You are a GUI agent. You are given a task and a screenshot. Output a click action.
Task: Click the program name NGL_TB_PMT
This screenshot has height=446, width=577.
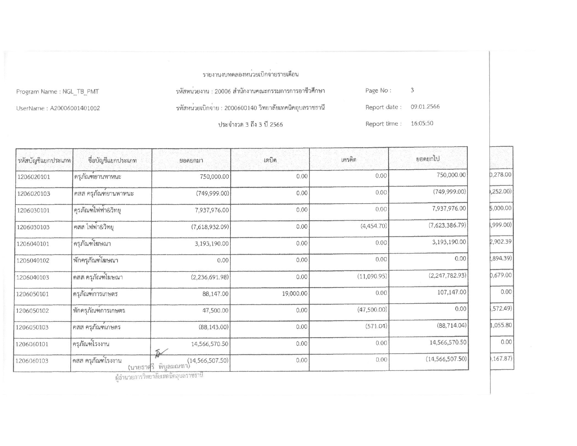(x=80, y=92)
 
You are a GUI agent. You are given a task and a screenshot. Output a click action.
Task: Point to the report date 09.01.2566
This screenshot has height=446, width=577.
(x=425, y=107)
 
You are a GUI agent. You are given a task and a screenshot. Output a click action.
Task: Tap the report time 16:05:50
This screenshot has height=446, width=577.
(x=422, y=123)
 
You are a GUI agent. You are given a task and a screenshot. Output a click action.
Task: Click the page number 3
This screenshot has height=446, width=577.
(x=412, y=90)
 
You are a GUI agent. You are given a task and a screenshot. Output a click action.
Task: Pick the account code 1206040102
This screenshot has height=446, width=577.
(x=33, y=261)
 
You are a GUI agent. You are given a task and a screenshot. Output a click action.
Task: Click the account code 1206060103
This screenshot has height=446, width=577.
(x=32, y=361)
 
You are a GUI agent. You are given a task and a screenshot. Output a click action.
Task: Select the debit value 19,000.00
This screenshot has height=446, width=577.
(x=294, y=293)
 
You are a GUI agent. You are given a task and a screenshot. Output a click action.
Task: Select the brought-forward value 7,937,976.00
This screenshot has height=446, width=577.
(x=209, y=210)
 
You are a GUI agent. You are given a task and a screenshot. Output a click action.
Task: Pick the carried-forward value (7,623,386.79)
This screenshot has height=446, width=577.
(x=447, y=225)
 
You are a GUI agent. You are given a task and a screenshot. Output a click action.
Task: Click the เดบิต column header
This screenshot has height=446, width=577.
(x=270, y=160)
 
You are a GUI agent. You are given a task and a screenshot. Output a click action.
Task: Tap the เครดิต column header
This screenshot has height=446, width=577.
(x=349, y=160)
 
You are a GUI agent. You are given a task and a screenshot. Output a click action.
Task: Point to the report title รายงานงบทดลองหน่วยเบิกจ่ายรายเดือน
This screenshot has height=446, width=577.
(x=250, y=75)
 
